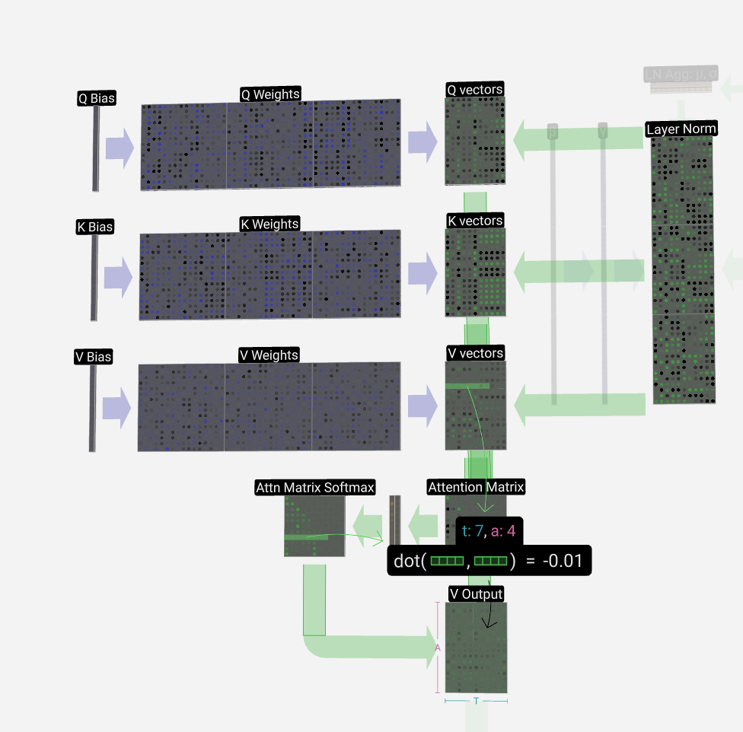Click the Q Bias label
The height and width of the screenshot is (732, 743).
pos(97,97)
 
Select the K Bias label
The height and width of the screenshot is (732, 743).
pos(94,227)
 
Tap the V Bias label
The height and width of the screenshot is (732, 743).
pos(93,357)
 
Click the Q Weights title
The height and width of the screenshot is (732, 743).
pos(270,94)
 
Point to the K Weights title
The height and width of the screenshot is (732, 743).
pos(269,224)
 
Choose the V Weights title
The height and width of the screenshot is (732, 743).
pos(269,355)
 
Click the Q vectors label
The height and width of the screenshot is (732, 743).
pos(474,90)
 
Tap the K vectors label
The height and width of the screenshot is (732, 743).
pos(474,221)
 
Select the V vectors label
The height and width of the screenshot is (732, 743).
pos(475,353)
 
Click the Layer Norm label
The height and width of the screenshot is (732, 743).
pos(681,129)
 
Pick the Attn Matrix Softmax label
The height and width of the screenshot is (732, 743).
pos(315,487)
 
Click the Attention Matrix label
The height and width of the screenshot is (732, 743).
pos(476,487)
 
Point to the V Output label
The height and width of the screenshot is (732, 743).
pos(476,594)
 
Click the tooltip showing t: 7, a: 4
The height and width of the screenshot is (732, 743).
pos(489,530)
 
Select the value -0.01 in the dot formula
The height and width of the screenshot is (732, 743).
pos(564,562)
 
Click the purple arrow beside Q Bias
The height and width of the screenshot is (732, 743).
pos(120,148)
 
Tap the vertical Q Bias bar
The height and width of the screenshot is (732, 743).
pos(96,148)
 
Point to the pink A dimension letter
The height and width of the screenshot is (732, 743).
pos(438,648)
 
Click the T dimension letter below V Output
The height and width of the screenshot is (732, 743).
pos(476,701)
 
